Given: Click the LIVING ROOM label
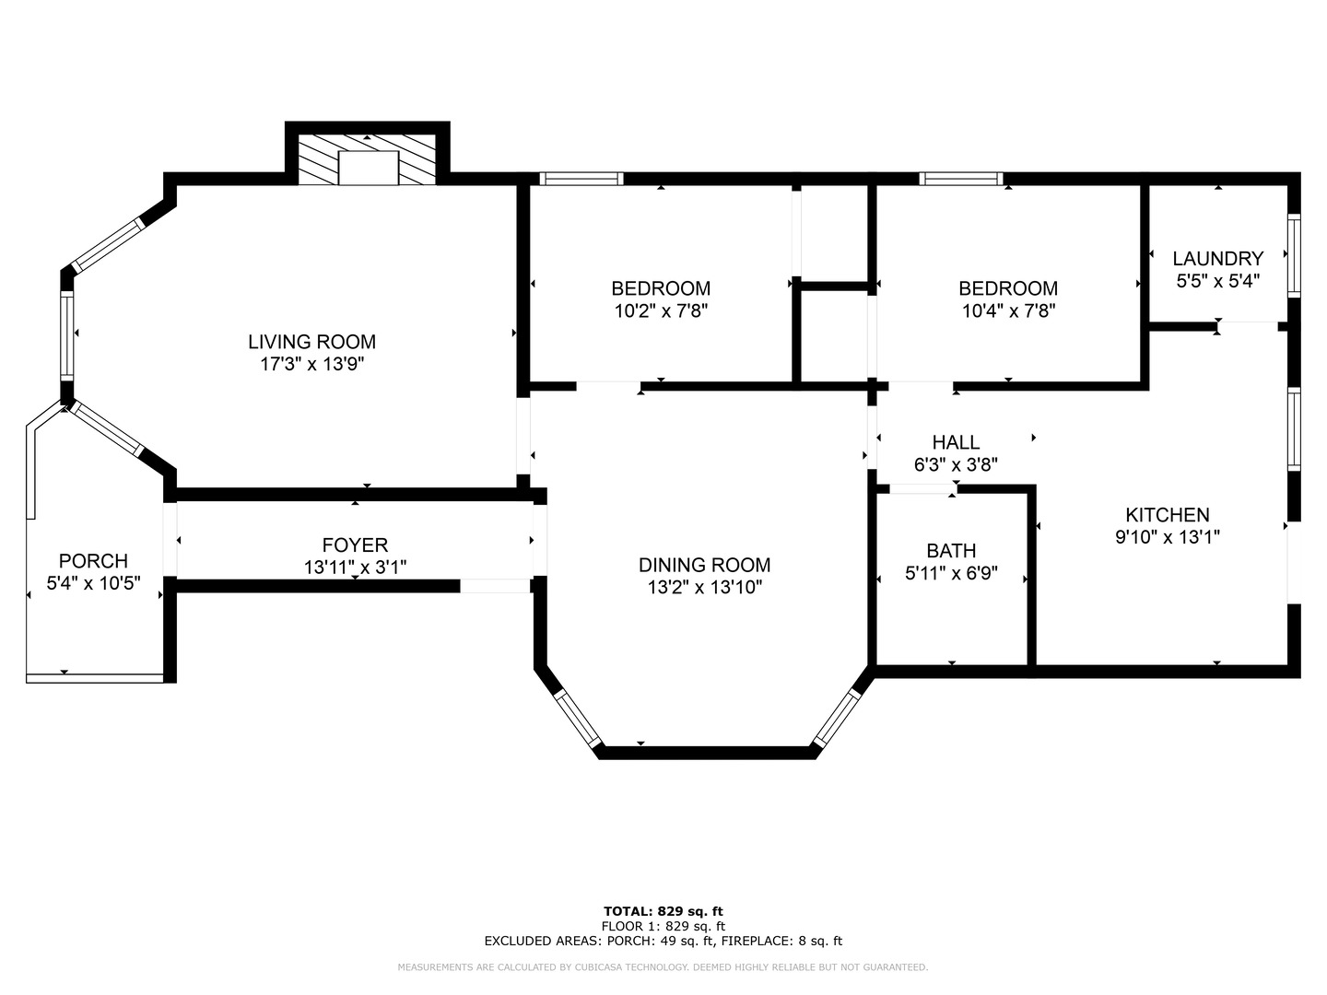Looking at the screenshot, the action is (312, 342).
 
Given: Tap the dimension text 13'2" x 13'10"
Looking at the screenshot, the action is (705, 587).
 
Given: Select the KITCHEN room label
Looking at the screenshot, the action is (1168, 515).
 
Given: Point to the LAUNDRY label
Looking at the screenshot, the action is (1217, 259).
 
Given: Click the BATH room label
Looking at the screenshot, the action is (951, 550).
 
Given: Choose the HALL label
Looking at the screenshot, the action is (956, 442).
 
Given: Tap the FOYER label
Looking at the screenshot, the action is (355, 544).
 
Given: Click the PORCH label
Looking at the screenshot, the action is (93, 561).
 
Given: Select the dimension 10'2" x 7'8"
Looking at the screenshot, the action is (661, 311).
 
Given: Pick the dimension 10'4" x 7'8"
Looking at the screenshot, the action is (1008, 311).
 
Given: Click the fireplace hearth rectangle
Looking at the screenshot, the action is (369, 168).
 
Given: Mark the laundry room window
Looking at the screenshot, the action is (1294, 255).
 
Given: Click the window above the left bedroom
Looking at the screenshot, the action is (581, 179).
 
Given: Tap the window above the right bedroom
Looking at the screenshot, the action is (960, 179).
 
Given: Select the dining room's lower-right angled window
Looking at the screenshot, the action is (838, 717).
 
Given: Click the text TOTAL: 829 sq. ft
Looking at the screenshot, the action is (663, 911).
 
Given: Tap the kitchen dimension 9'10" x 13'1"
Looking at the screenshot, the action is (1168, 536).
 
